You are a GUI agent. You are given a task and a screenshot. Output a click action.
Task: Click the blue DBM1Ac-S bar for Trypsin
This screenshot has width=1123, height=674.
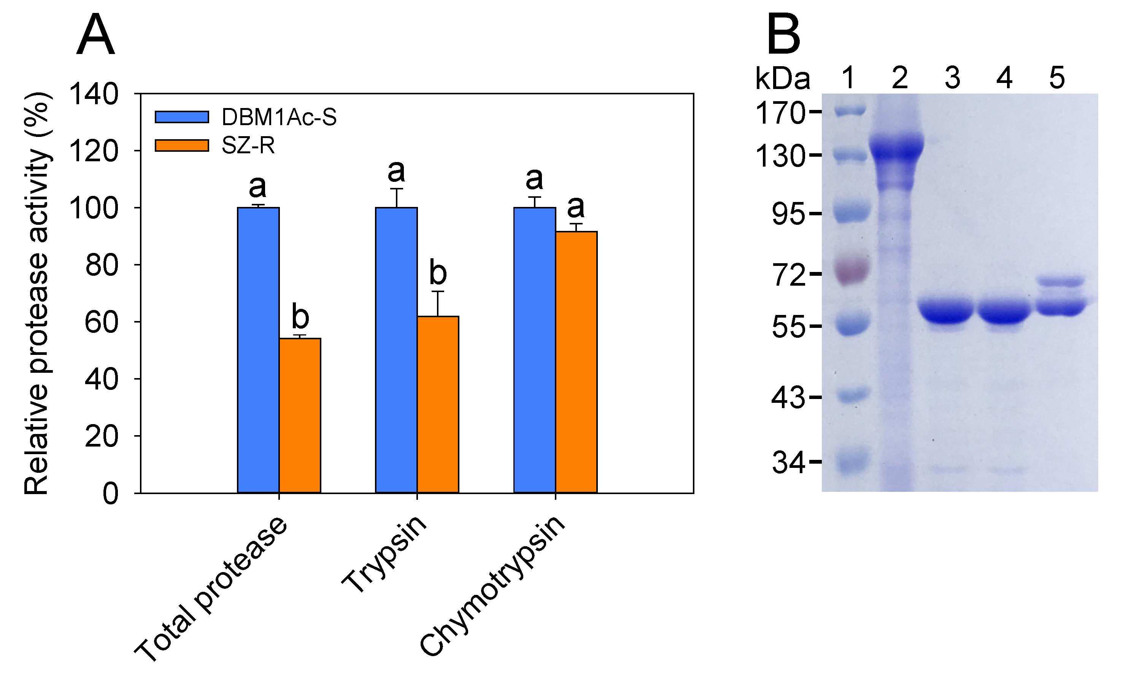396,350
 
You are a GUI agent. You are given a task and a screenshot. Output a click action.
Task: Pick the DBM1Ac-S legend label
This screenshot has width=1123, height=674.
279,117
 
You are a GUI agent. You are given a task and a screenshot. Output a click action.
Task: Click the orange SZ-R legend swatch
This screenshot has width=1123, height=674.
182,145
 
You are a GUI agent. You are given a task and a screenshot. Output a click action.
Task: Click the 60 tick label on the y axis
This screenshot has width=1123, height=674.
101,323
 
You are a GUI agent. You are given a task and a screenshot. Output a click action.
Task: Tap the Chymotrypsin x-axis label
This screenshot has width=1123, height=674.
493,586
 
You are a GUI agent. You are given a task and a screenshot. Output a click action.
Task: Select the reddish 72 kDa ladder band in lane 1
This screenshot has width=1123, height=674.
852,271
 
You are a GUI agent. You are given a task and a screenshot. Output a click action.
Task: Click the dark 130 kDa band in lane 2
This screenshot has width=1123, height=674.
896,148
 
